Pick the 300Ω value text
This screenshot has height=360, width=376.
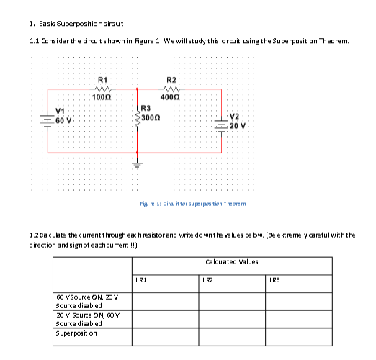(150, 117)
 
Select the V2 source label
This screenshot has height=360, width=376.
(235, 116)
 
